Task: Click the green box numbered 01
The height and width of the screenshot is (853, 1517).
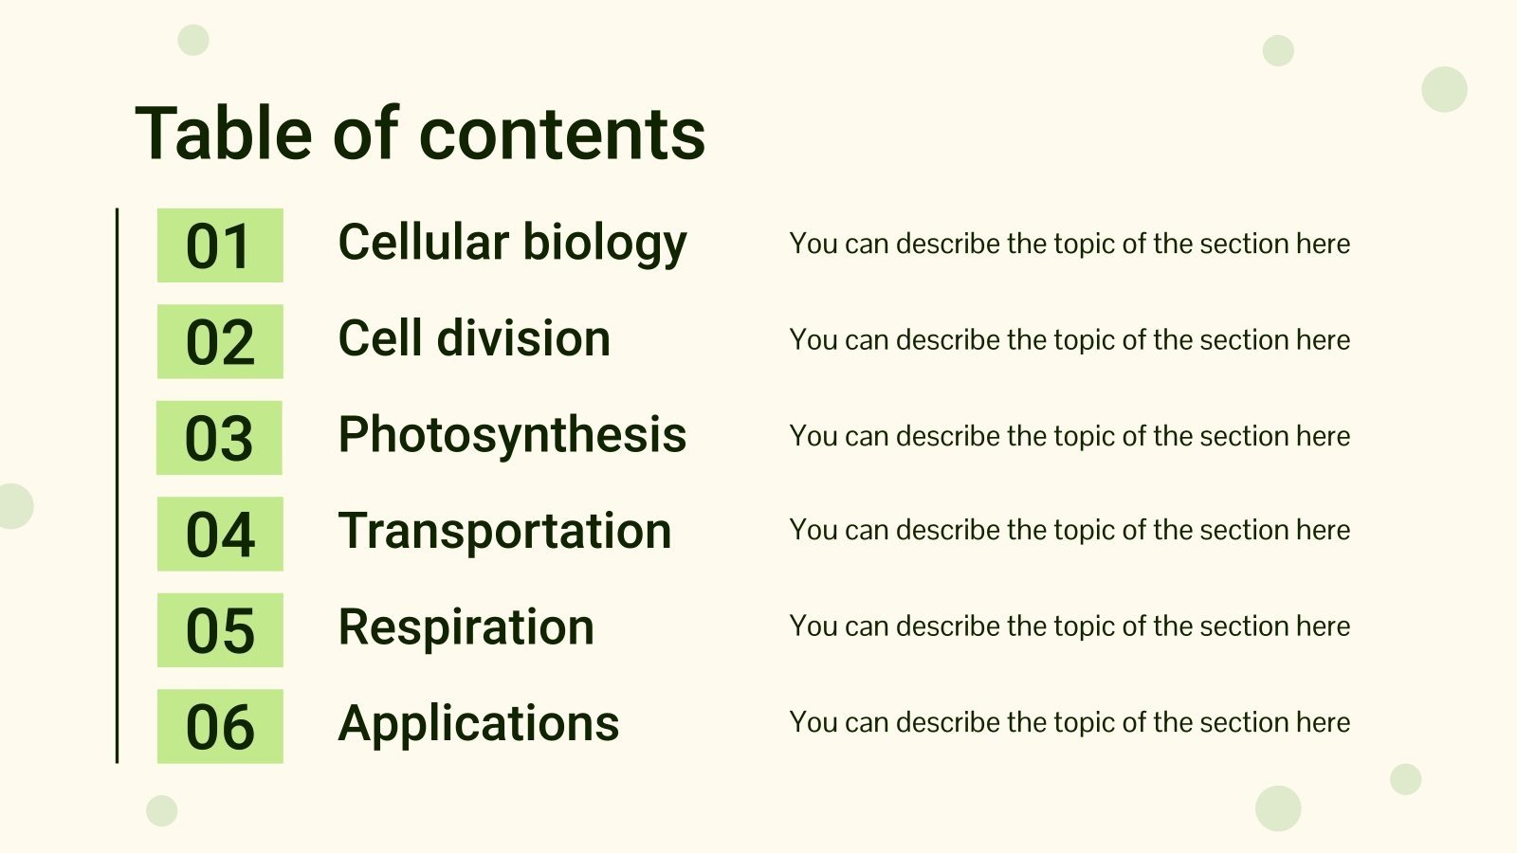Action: click(x=220, y=245)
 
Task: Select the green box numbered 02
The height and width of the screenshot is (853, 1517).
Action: click(x=220, y=341)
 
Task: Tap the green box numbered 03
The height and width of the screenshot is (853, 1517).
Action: click(x=219, y=438)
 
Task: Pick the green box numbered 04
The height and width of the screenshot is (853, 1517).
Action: click(x=220, y=534)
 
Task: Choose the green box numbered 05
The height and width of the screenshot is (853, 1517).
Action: click(x=220, y=630)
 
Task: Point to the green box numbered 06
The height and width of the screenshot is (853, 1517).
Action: click(x=220, y=726)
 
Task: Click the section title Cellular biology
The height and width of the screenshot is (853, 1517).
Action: click(x=512, y=244)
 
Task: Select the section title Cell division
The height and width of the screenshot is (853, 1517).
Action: click(x=474, y=339)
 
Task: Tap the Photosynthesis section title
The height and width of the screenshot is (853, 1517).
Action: click(x=512, y=436)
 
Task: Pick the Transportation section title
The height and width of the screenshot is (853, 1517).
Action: click(x=504, y=531)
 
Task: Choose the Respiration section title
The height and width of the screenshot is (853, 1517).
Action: click(x=466, y=627)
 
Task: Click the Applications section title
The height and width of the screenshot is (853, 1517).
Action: click(x=478, y=724)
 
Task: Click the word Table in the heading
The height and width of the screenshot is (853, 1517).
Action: click(x=223, y=133)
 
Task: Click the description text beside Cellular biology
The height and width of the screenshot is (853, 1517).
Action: click(x=1069, y=244)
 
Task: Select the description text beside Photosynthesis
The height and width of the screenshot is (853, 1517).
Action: click(x=1069, y=436)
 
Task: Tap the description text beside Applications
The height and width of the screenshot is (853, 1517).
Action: click(x=1069, y=722)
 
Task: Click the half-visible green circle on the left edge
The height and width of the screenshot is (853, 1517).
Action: click(x=14, y=505)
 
